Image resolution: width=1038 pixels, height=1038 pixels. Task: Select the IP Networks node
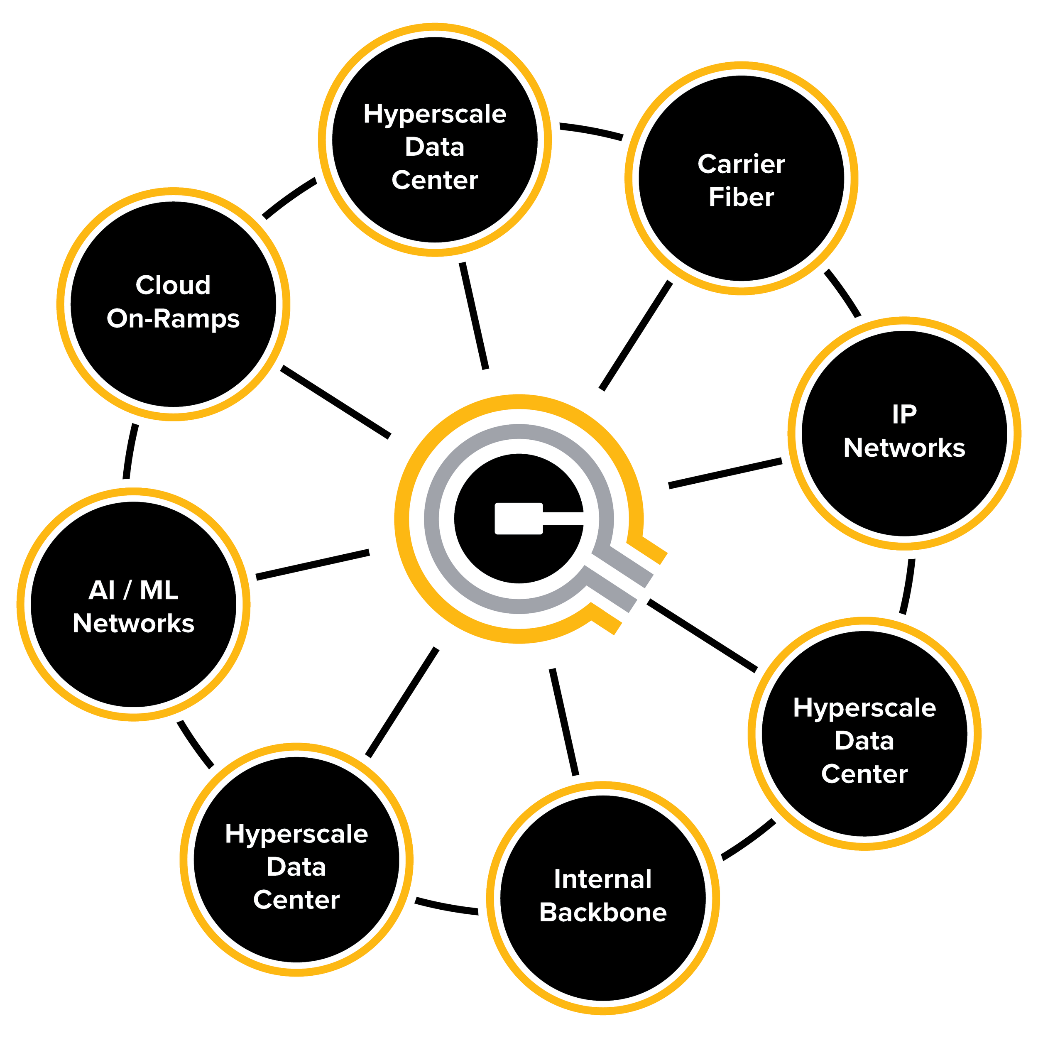point(904,494)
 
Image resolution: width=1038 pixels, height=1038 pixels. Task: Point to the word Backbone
point(603,912)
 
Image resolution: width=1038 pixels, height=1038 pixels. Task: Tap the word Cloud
point(173,285)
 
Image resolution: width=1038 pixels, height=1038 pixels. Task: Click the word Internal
point(603,879)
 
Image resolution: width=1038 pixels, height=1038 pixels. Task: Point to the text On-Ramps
point(173,318)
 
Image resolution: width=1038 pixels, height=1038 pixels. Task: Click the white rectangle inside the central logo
point(518,519)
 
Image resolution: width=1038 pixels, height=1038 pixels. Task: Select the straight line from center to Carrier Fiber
point(636,335)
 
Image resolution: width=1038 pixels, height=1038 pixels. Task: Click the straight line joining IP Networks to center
point(725,473)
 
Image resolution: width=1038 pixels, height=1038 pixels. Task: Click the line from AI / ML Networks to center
point(313,564)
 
